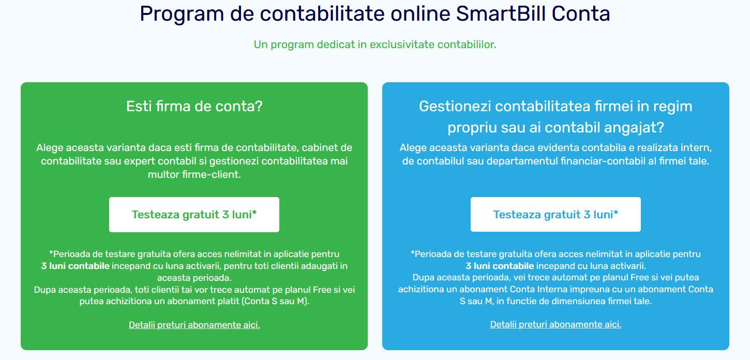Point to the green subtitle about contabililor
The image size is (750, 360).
tap(375, 44)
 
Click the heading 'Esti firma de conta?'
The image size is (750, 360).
tap(194, 107)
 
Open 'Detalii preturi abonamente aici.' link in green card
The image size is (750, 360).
tap(194, 325)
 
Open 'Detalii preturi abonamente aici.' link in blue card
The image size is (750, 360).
tap(556, 324)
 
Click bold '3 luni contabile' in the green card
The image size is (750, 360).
tap(76, 266)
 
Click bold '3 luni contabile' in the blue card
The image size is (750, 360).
tap(500, 266)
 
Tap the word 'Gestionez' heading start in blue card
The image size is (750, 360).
tap(455, 107)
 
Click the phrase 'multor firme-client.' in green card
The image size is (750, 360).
tap(194, 174)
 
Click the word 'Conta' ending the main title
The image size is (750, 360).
tap(581, 14)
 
